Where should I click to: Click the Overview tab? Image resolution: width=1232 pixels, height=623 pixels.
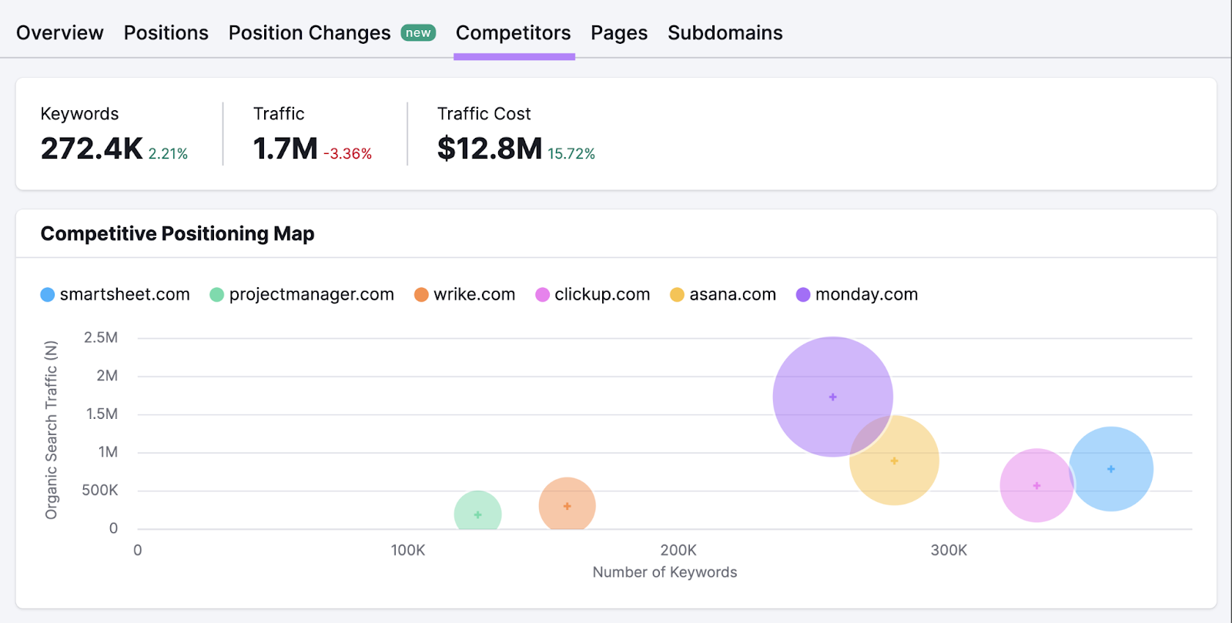point(59,33)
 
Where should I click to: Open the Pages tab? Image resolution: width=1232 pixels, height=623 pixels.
point(619,33)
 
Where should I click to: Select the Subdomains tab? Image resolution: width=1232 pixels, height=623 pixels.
point(725,33)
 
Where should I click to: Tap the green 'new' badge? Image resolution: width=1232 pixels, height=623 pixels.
point(418,33)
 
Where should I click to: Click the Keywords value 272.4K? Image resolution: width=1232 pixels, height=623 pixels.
point(92,149)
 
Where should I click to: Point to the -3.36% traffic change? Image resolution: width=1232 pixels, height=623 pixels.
point(347,154)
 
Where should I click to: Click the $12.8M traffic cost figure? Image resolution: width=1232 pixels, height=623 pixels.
point(490,149)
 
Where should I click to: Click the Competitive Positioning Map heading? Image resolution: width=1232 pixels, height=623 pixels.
point(177,233)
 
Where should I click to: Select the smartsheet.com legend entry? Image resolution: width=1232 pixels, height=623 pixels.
point(115,294)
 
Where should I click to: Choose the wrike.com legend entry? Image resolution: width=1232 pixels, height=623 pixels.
point(464,294)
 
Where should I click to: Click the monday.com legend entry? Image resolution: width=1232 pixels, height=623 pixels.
point(857,294)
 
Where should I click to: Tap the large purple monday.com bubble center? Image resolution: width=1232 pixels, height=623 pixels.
point(832,397)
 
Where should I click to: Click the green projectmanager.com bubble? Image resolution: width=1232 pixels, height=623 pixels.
point(477,514)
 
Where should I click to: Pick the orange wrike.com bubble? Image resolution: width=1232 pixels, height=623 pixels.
point(567,506)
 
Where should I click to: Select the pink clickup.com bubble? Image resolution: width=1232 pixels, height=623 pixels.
point(1036,485)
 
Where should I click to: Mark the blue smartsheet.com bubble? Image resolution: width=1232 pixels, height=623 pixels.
point(1111,468)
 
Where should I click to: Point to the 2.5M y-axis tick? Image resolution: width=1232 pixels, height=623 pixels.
point(101,337)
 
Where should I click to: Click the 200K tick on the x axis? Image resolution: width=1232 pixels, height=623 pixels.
point(678,550)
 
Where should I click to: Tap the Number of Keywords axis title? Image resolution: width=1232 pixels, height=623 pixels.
point(665,572)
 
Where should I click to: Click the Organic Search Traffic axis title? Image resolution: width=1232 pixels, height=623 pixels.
point(51,430)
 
